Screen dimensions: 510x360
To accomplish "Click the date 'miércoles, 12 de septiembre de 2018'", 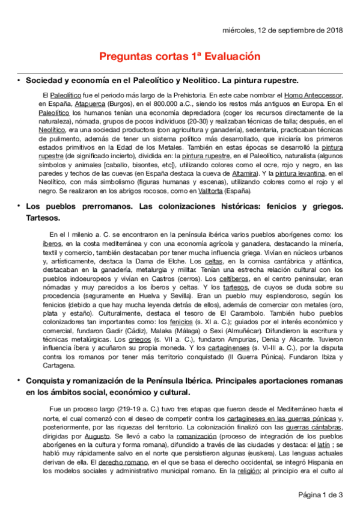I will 282,29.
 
